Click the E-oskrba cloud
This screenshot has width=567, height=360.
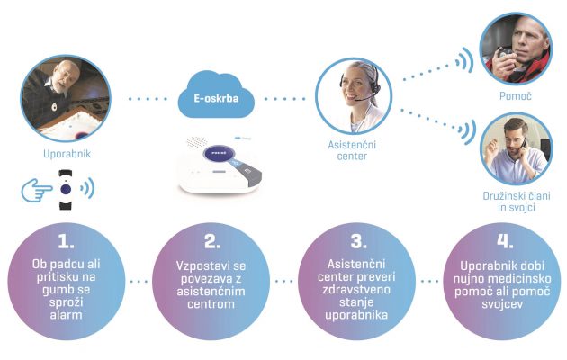click(216, 94)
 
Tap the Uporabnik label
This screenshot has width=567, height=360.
click(67, 154)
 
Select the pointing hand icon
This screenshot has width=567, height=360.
click(37, 189)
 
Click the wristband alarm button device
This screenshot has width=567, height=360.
click(66, 190)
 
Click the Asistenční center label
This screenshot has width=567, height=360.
click(352, 150)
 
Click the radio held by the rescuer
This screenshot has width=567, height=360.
click(503, 54)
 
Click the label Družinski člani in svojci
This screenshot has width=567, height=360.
click(517, 202)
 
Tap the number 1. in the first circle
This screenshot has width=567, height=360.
click(66, 241)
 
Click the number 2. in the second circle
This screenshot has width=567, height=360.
click(212, 241)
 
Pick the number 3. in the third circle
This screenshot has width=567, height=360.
click(359, 241)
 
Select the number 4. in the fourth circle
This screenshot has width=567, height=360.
click(505, 241)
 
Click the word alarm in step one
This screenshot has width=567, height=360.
click(66, 314)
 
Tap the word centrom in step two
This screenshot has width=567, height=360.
click(211, 303)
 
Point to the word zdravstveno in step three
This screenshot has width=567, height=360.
click(356, 290)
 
